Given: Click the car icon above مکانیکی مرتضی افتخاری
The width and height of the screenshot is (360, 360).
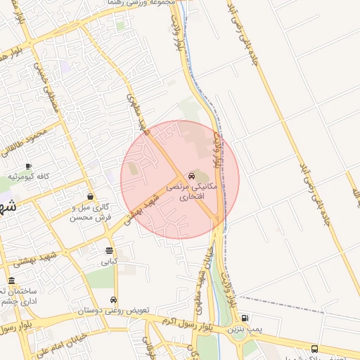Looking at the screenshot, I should [x=191, y=176].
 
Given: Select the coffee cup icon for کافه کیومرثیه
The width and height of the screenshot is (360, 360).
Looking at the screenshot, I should [x=28, y=166].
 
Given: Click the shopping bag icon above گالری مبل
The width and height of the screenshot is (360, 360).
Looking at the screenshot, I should [x=91, y=196].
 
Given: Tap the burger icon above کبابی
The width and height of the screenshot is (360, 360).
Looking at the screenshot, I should [x=109, y=250].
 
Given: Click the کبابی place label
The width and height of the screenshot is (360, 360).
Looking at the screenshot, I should [x=109, y=262].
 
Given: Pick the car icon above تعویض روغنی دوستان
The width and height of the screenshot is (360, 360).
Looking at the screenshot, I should [x=114, y=300].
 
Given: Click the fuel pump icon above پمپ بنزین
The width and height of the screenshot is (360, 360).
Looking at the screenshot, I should [x=244, y=318].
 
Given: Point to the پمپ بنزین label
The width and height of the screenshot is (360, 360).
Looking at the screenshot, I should [x=244, y=329].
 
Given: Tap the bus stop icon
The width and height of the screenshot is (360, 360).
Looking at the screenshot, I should [x=314, y=349].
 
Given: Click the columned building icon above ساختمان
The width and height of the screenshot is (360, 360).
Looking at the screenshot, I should [x=11, y=281].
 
